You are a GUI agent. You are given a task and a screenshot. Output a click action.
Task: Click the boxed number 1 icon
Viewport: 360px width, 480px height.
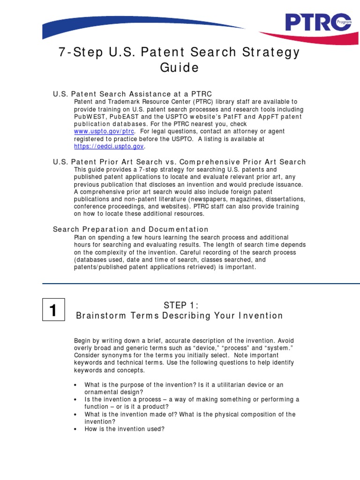click(53, 311)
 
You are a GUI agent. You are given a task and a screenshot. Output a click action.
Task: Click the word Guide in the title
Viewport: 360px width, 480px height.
click(180, 68)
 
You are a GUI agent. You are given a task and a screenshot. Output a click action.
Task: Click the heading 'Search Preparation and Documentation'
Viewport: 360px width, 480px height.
click(130, 229)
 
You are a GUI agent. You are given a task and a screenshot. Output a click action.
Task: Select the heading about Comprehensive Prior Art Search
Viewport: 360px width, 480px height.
click(179, 162)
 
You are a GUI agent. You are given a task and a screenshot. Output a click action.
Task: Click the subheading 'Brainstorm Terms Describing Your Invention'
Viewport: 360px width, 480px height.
click(180, 315)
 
